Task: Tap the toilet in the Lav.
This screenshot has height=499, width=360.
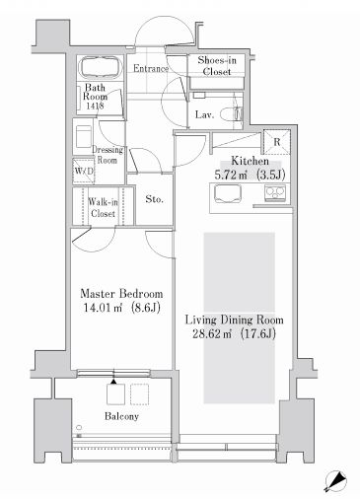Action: tap(231, 114)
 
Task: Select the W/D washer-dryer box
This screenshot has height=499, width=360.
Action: tap(84, 171)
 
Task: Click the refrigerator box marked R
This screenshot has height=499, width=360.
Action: tap(277, 142)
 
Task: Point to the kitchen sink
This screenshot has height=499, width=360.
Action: tap(228, 193)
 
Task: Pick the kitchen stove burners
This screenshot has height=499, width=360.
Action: tap(275, 193)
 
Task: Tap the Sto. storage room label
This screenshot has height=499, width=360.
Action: tap(154, 199)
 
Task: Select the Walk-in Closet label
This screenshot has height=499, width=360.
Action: tap(103, 208)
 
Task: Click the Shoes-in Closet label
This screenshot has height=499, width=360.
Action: tap(217, 66)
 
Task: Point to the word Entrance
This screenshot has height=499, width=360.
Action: tap(151, 68)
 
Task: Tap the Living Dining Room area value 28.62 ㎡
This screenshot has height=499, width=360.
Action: tap(212, 334)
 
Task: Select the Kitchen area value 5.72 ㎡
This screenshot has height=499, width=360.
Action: tap(231, 175)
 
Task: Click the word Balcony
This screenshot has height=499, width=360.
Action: tap(121, 416)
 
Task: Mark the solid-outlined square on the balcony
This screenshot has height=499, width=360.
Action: tap(115, 394)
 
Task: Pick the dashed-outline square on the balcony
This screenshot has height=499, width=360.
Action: tap(140, 394)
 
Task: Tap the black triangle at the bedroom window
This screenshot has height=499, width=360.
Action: tap(113, 382)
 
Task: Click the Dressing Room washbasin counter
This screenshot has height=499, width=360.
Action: tap(84, 136)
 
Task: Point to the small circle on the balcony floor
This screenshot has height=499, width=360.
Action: tap(79, 427)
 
